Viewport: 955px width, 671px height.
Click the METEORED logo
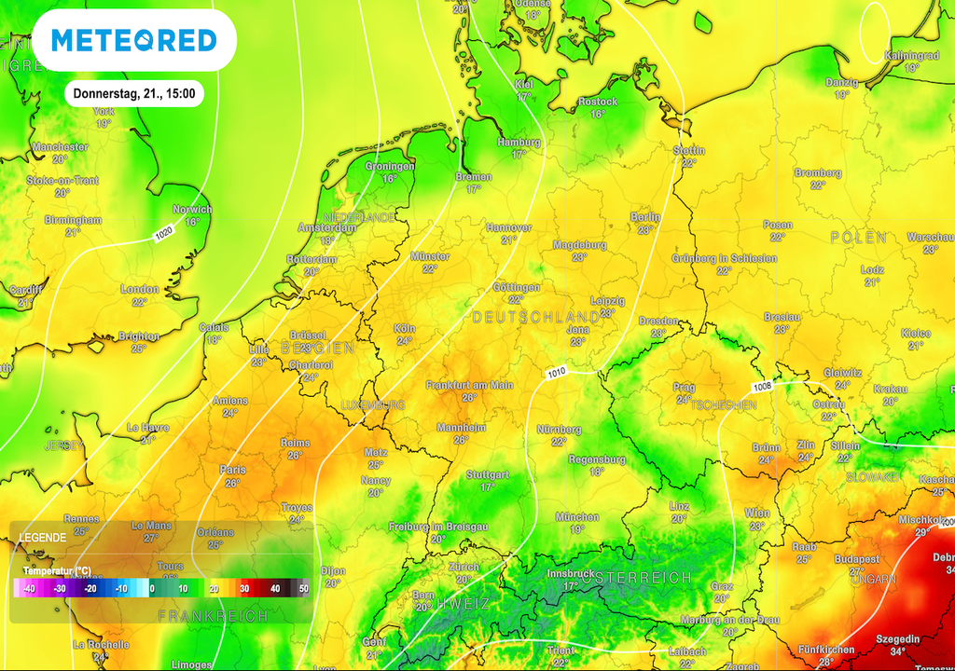click(133, 40)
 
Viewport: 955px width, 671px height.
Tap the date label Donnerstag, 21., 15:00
click(133, 93)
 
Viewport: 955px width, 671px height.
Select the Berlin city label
click(644, 217)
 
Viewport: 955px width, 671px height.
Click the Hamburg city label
click(519, 143)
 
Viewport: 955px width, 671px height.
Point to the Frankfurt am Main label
click(469, 385)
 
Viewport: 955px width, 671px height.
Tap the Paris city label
click(232, 471)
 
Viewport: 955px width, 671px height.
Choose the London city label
click(139, 290)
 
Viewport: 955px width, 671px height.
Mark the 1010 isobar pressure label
click(556, 373)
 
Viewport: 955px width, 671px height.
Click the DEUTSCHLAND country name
click(535, 318)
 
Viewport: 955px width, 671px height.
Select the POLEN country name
click(857, 239)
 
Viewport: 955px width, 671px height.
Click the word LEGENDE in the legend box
click(42, 538)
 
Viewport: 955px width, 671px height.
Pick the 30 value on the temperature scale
click(244, 589)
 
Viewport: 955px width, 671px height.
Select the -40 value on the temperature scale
click(30, 589)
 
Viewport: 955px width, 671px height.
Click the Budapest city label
click(857, 559)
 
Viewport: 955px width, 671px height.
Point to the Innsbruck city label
click(570, 573)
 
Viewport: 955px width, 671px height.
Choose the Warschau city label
click(930, 238)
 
